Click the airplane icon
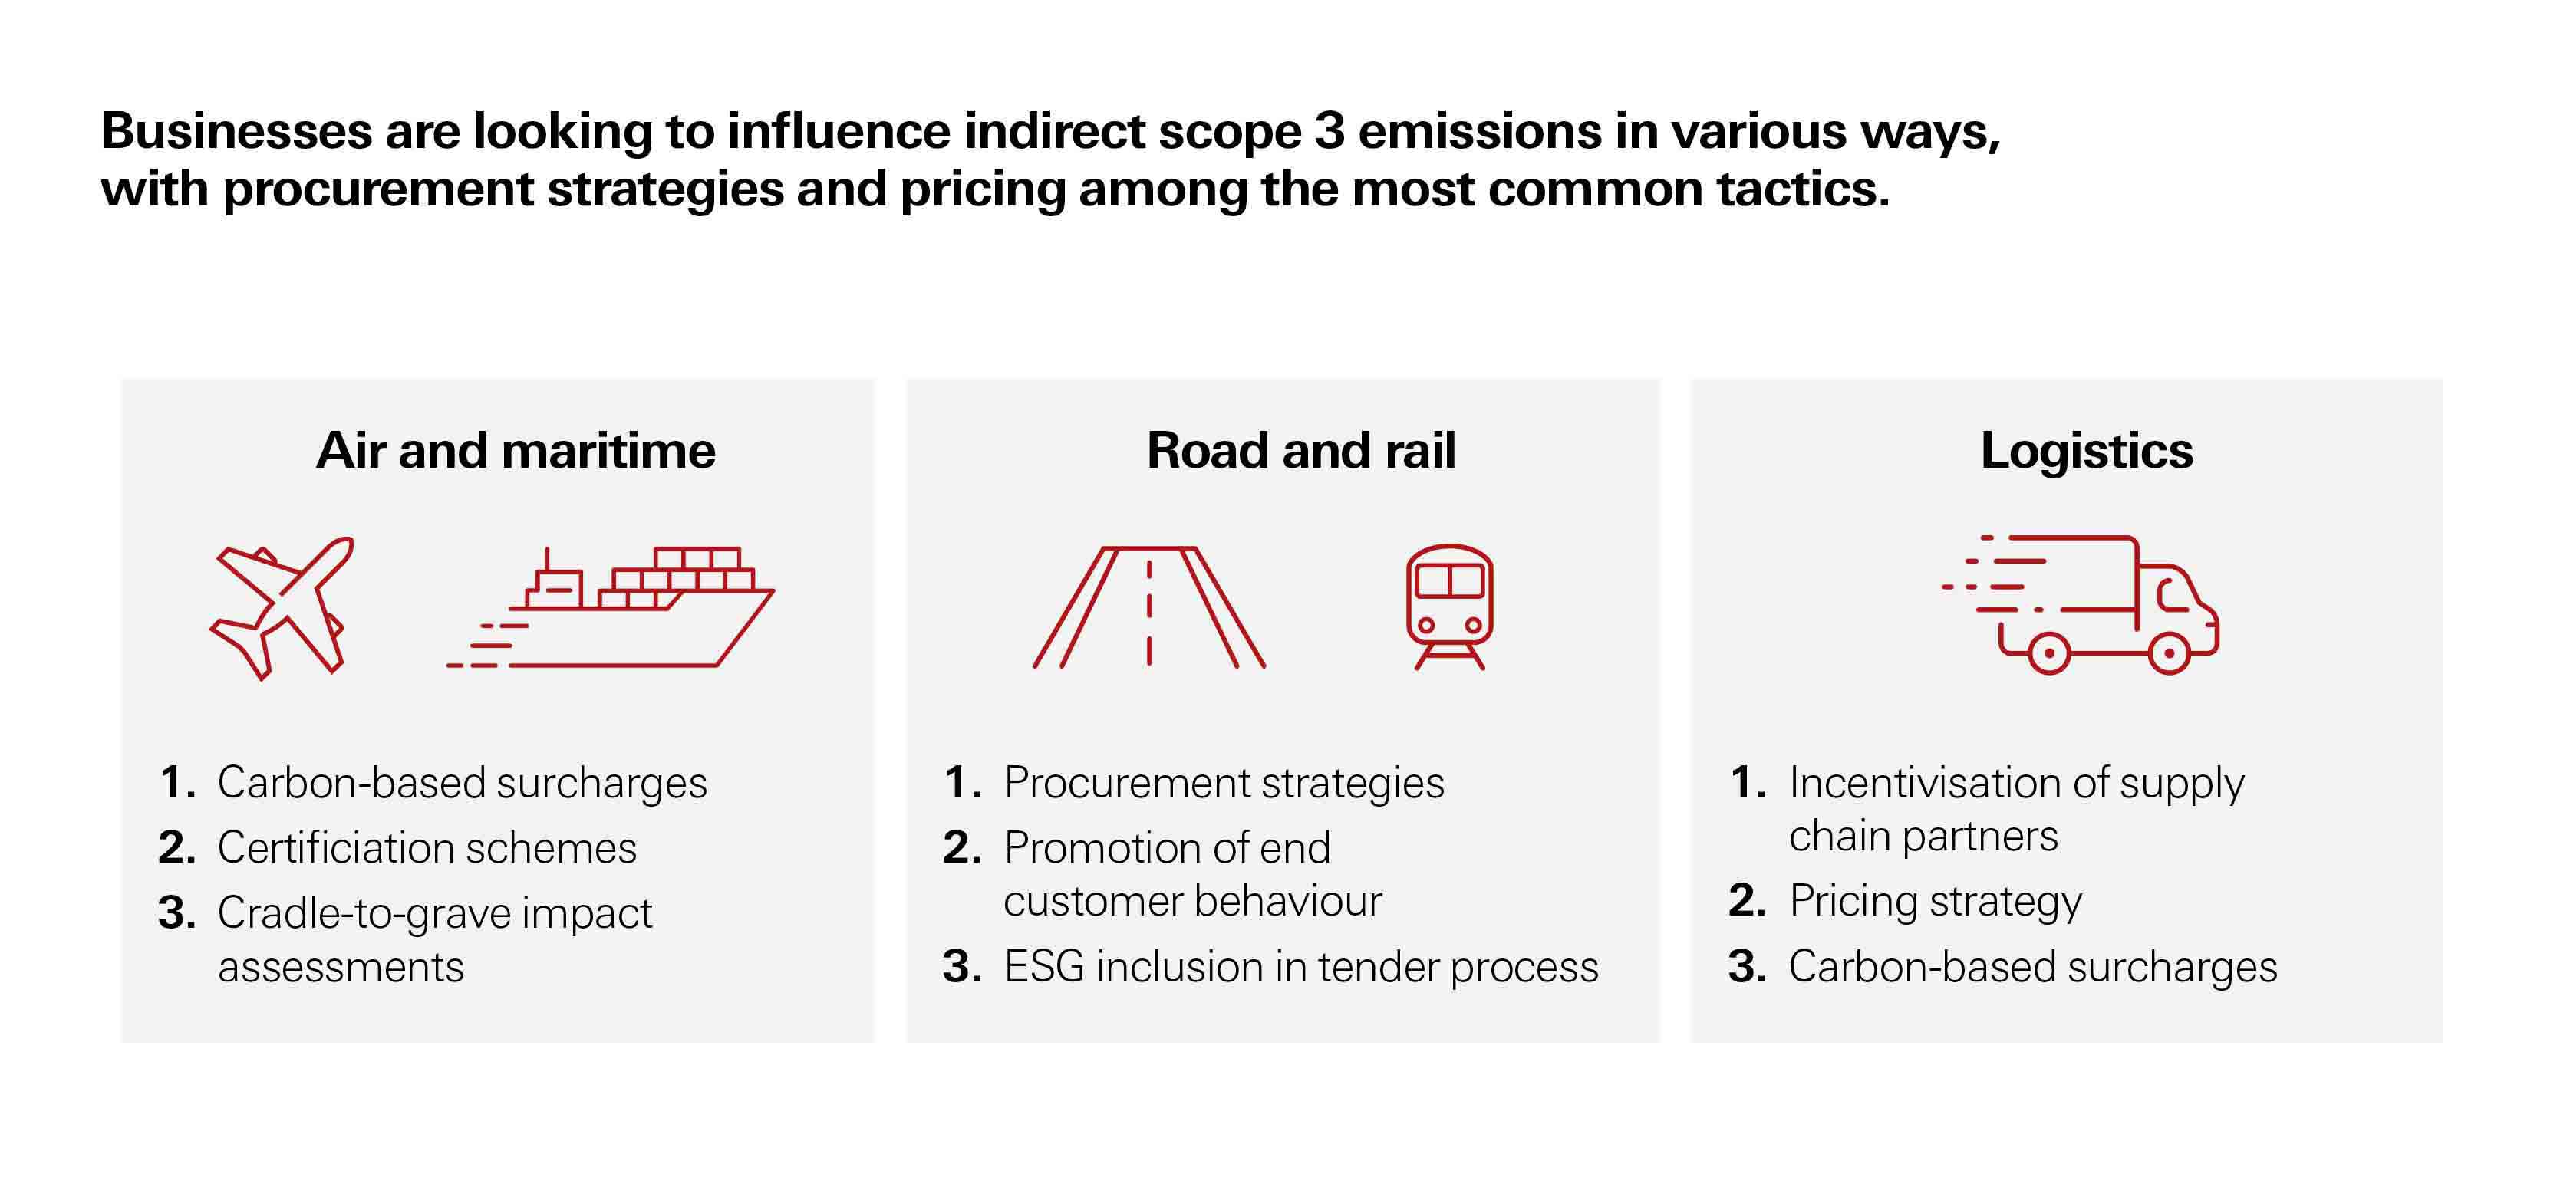coord(281,607)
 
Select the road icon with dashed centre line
coord(1148,607)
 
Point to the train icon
coord(1449,606)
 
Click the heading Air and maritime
coord(516,452)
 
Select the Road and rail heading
coord(1300,452)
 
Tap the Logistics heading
coord(2085,452)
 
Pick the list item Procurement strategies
coord(1223,783)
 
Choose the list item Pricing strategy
coord(1935,901)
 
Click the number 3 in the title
coord(1328,132)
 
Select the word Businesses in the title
coord(236,132)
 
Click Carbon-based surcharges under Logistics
coord(2032,967)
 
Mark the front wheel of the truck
coord(2169,653)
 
